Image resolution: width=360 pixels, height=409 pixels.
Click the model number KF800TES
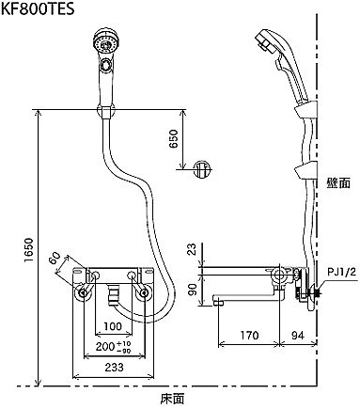(x=38, y=8)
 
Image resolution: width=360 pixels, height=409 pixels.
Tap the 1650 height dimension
(x=28, y=251)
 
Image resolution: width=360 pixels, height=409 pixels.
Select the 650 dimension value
(x=173, y=138)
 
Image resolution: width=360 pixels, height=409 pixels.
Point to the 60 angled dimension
(x=55, y=260)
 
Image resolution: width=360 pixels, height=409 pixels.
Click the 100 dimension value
(x=113, y=326)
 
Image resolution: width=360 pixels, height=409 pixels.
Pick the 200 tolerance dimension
(x=114, y=347)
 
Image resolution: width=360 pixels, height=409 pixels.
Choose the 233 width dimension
(x=114, y=367)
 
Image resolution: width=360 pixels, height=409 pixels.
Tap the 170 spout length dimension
(x=249, y=336)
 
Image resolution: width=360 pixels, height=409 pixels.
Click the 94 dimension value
(x=298, y=336)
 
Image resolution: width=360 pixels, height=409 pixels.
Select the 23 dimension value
(x=194, y=250)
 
